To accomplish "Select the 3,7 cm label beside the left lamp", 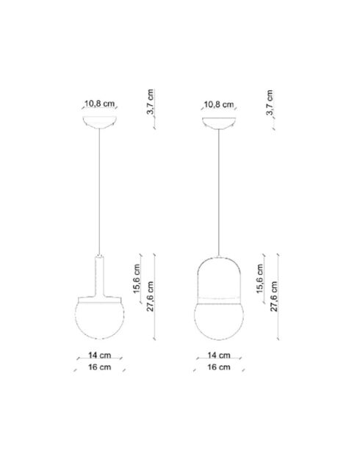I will click(x=150, y=104).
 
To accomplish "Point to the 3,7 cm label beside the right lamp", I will click(x=270, y=104).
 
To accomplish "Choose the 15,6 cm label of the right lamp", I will click(x=260, y=279).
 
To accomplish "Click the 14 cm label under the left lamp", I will click(x=99, y=355).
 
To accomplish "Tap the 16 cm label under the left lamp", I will click(x=99, y=367).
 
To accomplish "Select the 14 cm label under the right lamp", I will click(x=220, y=355).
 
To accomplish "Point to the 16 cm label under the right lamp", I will click(x=220, y=367).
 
